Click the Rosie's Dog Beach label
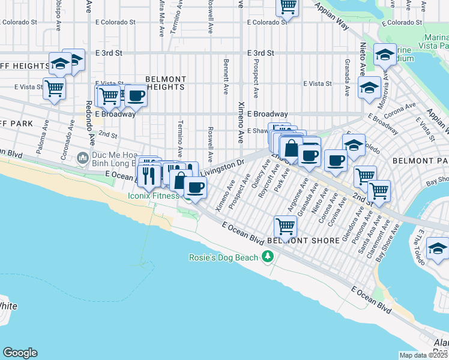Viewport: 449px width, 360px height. tap(223, 258)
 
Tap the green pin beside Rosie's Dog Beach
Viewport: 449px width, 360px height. tap(268, 257)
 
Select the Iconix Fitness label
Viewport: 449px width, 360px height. tap(153, 196)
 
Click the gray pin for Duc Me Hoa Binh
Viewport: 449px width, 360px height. tap(83, 158)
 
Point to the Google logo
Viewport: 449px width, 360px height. tap(20, 353)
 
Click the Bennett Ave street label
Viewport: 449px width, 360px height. tap(226, 77)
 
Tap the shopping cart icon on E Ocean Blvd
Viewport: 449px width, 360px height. tap(285, 226)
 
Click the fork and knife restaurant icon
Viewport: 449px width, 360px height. tap(148, 175)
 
